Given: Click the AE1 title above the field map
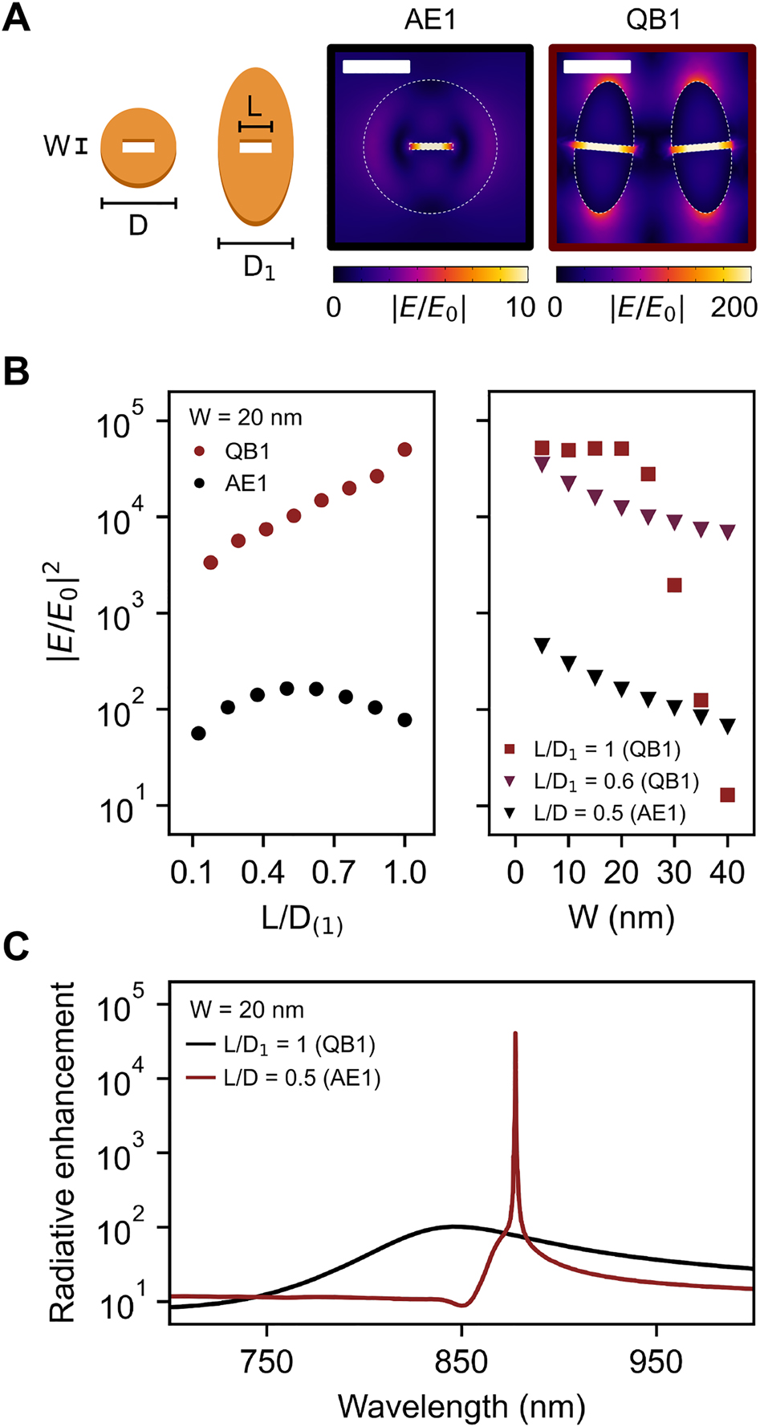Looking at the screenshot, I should [x=429, y=19].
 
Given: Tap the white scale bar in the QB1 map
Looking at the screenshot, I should [x=596, y=66].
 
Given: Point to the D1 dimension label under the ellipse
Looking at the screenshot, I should [x=258, y=267].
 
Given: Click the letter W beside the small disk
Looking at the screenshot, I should [x=56, y=146].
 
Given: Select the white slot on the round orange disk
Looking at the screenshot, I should [x=138, y=147].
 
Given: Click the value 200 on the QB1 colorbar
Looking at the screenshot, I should [x=734, y=307].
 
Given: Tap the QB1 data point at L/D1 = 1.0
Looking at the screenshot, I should [x=404, y=450].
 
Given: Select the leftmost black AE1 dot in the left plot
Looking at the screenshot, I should [x=198, y=734].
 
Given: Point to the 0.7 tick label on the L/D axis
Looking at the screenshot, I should [x=333, y=872].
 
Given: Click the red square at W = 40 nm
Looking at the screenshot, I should [x=728, y=795].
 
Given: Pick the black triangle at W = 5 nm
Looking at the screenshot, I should [x=542, y=645].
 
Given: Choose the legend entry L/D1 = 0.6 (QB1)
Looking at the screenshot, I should [x=616, y=781].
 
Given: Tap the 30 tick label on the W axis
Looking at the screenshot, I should [x=674, y=872].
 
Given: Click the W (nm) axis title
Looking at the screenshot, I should [x=621, y=917].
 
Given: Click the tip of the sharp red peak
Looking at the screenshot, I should [x=515, y=1034].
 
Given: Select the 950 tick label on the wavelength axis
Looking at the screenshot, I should [x=656, y=1362].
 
